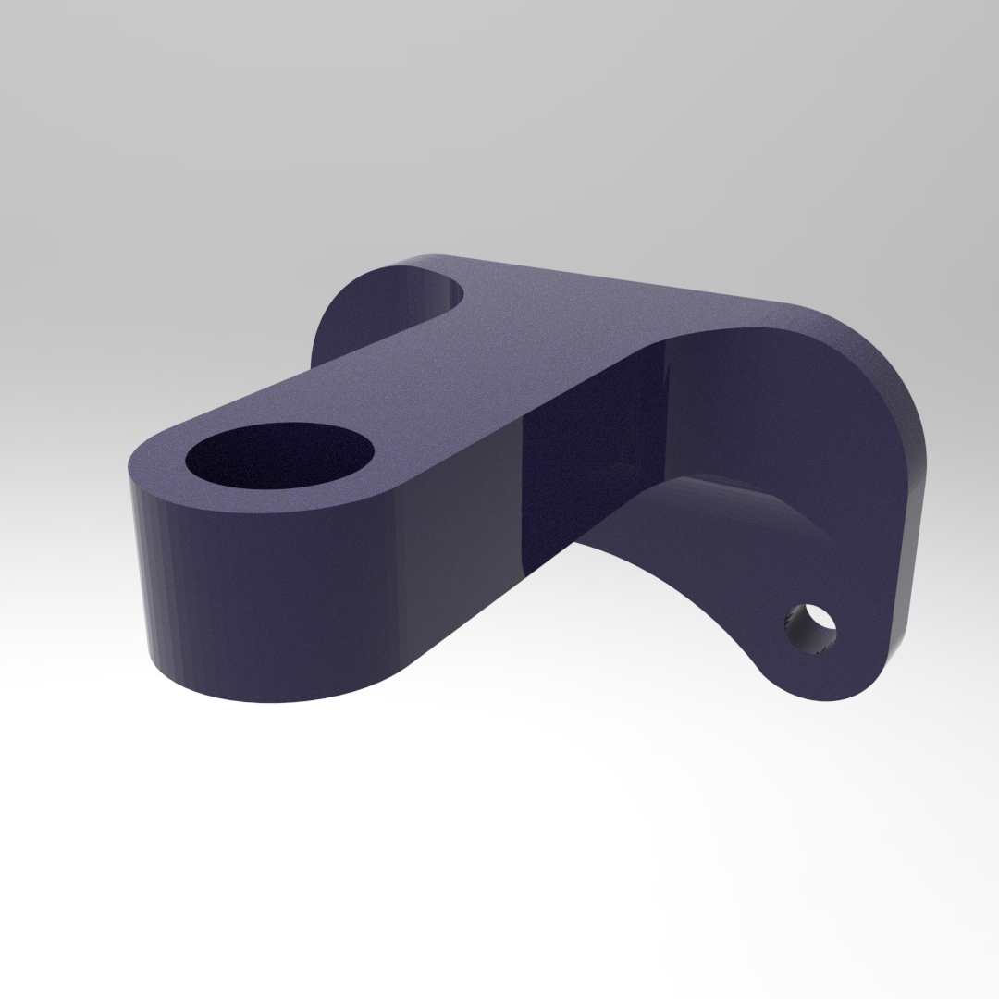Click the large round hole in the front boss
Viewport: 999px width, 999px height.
pyautogui.click(x=279, y=457)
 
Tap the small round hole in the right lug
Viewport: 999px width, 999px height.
pyautogui.click(x=810, y=629)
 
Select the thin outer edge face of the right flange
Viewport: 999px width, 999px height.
pyautogui.click(x=911, y=518)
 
